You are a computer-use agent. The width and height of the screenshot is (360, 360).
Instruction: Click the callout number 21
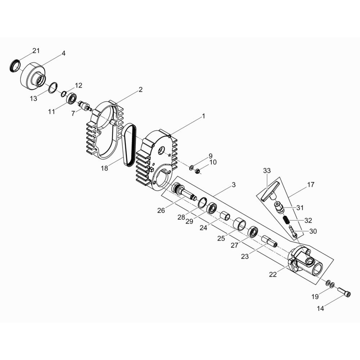point(36,50)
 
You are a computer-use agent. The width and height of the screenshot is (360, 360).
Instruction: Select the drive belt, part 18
point(129,145)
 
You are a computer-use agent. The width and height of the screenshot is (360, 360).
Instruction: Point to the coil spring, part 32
point(285,220)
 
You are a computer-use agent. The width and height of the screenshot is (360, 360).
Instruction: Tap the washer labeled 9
point(191,167)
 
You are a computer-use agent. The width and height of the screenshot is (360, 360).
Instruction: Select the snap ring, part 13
point(53,87)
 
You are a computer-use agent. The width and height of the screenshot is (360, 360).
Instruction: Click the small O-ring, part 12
point(64,94)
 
